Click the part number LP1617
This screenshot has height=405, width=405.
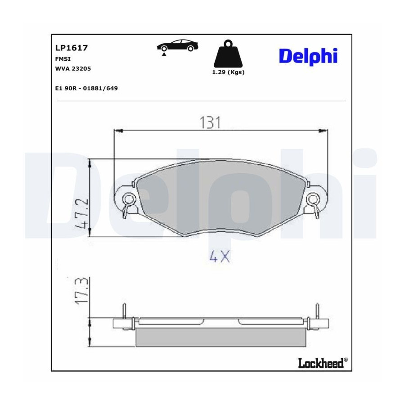72,48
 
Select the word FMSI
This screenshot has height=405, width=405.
63,59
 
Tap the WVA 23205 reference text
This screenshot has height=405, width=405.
73,69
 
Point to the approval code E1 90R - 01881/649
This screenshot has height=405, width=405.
86,88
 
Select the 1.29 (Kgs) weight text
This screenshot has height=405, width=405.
228,72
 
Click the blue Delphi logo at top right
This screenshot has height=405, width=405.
308,56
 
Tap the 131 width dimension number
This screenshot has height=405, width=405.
211,123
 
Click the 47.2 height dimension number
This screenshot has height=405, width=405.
81,214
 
